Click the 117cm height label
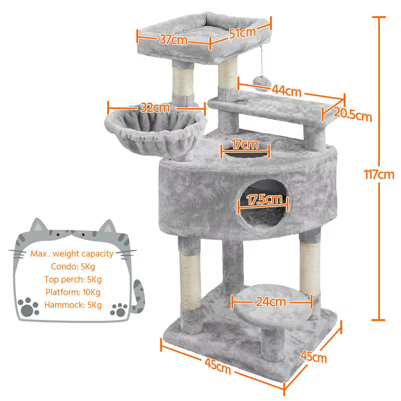click(x=379, y=174)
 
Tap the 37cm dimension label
click(x=173, y=40)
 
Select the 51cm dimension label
click(x=243, y=33)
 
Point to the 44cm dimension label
click(x=286, y=91)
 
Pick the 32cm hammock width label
click(x=154, y=107)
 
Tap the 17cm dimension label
click(x=245, y=145)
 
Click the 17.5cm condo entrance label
click(x=264, y=199)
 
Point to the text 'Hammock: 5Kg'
click(x=73, y=305)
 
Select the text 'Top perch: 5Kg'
click(x=76, y=279)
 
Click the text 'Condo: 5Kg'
click(x=76, y=267)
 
